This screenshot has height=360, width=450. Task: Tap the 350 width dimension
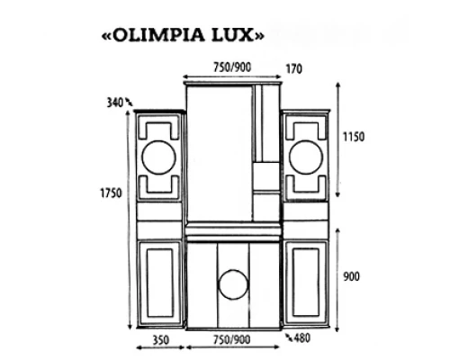(x=160, y=341)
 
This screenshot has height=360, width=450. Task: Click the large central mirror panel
(x=219, y=157)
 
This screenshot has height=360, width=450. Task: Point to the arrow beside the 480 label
(x=289, y=337)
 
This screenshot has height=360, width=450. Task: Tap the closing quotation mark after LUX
(x=260, y=37)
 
